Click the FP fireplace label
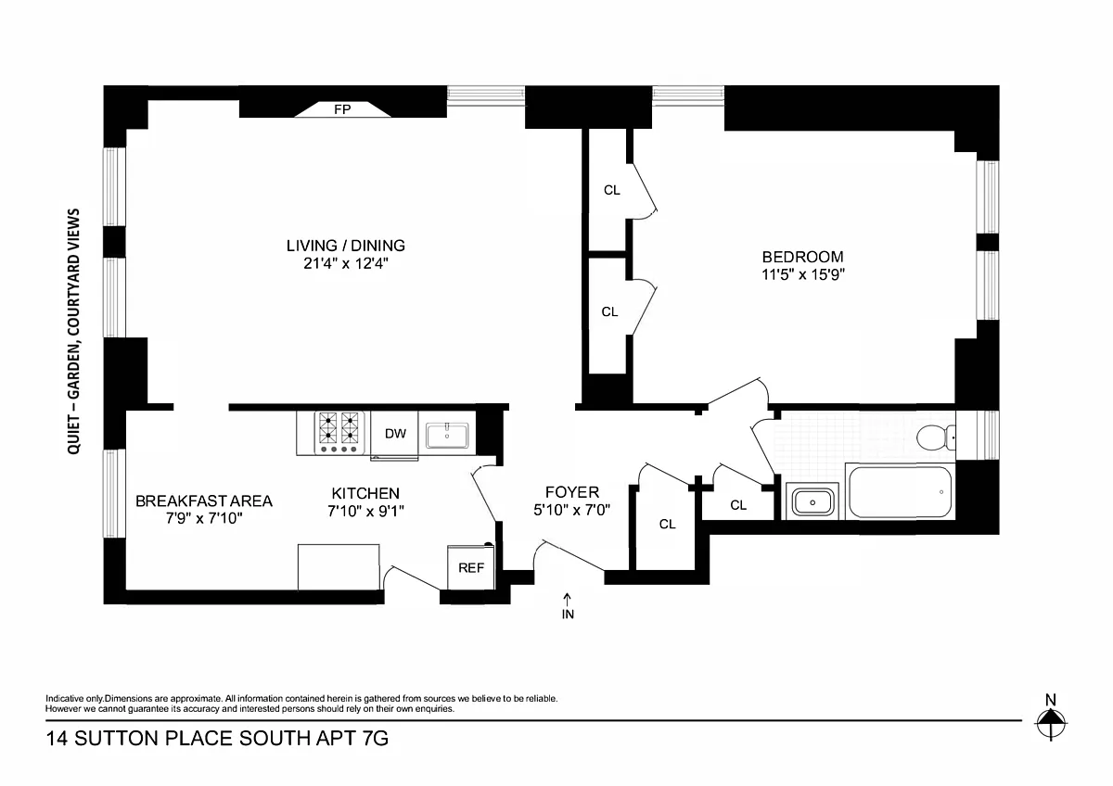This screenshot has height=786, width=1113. (x=342, y=109)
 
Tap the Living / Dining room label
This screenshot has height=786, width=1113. (x=346, y=246)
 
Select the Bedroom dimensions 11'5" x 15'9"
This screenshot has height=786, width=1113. (x=803, y=274)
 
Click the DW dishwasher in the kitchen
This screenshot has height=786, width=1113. (x=395, y=434)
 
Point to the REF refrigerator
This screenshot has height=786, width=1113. (x=471, y=567)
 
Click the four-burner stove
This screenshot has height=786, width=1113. (x=339, y=433)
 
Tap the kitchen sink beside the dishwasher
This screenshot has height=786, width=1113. (x=447, y=436)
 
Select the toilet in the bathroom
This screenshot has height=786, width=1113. (x=936, y=437)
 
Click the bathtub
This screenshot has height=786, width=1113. (x=900, y=491)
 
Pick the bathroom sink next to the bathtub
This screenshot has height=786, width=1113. (x=812, y=501)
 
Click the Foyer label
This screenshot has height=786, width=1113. (x=572, y=492)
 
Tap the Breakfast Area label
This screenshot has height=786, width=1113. (x=204, y=501)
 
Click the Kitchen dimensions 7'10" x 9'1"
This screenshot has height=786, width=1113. (x=365, y=511)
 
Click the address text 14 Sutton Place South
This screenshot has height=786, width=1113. (x=178, y=739)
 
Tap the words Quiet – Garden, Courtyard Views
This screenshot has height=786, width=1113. (x=73, y=331)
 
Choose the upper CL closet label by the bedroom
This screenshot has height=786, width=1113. (x=611, y=190)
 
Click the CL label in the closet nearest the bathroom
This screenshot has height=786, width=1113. (x=738, y=505)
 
